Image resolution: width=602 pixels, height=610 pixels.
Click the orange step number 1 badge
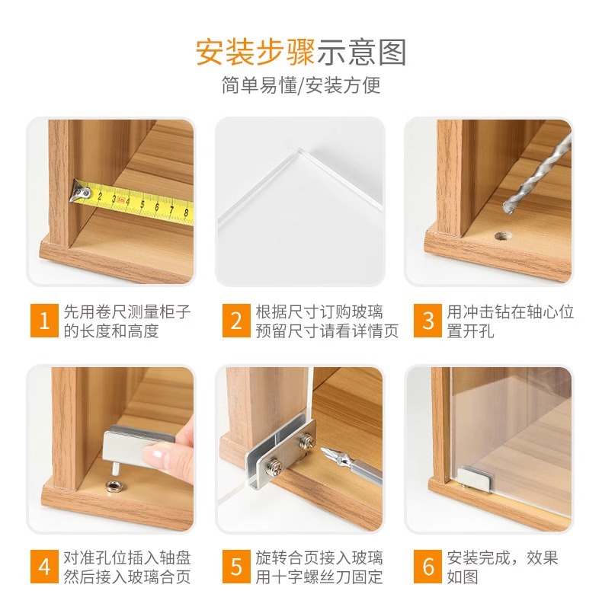coord(44,321)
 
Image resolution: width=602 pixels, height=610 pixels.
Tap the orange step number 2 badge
coord(236,321)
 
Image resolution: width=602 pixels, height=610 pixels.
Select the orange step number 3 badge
coord(427,321)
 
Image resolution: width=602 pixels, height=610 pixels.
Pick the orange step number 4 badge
coord(44,567)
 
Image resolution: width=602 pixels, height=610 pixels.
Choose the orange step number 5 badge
coord(236,567)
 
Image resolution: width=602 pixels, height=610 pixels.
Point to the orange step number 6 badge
coord(427,567)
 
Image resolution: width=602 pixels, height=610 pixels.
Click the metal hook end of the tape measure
coord(81,192)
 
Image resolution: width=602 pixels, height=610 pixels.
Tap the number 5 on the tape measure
coord(142,204)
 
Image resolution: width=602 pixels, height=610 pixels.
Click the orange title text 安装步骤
coord(255,53)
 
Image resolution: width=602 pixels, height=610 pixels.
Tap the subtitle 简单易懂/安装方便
coord(301,85)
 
